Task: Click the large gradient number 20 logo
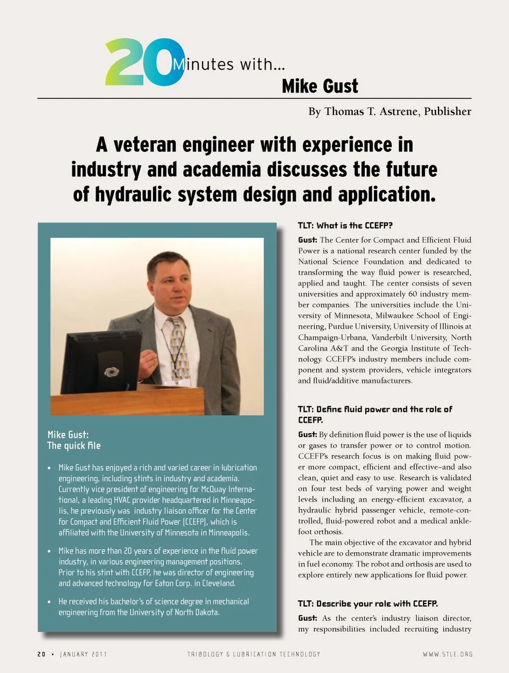pyautogui.click(x=144, y=62)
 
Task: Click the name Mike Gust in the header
pyautogui.click(x=320, y=86)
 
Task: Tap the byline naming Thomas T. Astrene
pyautogui.click(x=389, y=111)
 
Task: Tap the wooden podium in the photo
pyautogui.click(x=127, y=401)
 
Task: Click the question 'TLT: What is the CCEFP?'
pyautogui.click(x=345, y=226)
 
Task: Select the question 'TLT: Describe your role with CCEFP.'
pyautogui.click(x=367, y=604)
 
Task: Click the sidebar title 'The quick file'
pyautogui.click(x=74, y=445)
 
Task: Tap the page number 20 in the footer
pyautogui.click(x=41, y=654)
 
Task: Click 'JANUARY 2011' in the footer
pyautogui.click(x=83, y=654)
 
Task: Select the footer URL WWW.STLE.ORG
pyautogui.click(x=447, y=654)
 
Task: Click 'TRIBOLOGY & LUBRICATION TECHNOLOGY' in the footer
pyautogui.click(x=253, y=654)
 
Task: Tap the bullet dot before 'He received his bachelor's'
pyautogui.click(x=49, y=602)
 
